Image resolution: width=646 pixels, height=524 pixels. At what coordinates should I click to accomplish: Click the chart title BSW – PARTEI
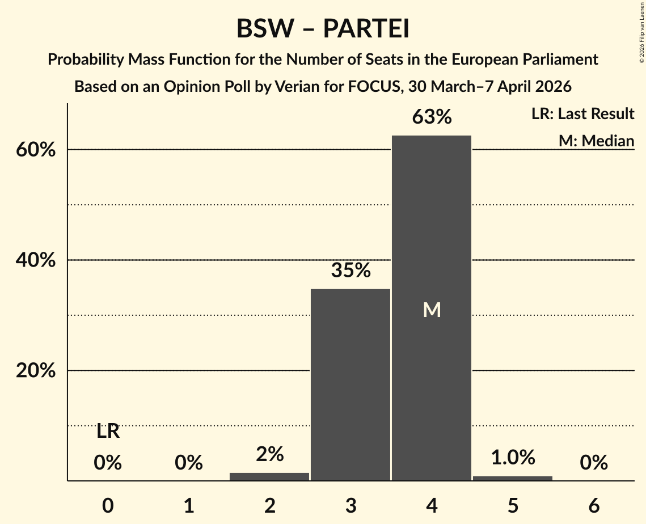[323, 28]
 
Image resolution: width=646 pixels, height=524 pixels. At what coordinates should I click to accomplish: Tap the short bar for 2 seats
[269, 476]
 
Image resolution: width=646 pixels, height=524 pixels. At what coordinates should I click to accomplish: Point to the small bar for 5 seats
[513, 478]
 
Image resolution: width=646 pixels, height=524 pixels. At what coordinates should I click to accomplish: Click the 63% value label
[432, 117]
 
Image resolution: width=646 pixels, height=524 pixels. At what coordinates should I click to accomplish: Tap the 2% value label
[269, 454]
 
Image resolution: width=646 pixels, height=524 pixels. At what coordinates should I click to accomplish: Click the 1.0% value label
[513, 457]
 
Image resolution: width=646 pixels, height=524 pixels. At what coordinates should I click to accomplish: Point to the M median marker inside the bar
[432, 310]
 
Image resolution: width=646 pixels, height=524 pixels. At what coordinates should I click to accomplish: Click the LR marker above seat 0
[108, 432]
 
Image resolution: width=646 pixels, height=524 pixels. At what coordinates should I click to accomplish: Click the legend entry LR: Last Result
[582, 114]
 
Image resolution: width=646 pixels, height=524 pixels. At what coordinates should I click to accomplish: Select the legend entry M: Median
[596, 141]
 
